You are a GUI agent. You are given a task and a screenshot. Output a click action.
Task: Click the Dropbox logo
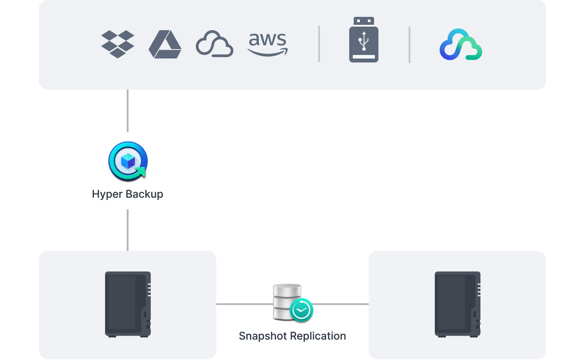[x=117, y=44]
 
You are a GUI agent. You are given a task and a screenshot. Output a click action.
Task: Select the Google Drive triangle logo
[x=165, y=45]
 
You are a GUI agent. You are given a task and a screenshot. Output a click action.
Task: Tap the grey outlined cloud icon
[x=214, y=44]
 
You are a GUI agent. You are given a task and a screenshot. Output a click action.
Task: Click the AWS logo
[x=268, y=44]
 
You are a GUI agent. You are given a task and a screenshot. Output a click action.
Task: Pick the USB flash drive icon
[x=363, y=40]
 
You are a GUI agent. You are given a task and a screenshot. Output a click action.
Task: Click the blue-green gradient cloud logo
[x=461, y=44]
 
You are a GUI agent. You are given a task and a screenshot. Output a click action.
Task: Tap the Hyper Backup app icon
[x=128, y=161]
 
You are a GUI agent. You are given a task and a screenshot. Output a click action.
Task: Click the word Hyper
[x=107, y=194]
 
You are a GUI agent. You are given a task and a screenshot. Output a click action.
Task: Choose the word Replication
[x=320, y=336]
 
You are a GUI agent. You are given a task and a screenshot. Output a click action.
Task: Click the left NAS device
[x=128, y=304]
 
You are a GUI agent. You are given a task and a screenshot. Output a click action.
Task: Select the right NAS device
[x=457, y=304]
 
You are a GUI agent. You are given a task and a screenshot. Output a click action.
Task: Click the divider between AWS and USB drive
[x=319, y=44]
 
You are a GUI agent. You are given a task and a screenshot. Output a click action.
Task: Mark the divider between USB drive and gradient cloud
[x=409, y=45]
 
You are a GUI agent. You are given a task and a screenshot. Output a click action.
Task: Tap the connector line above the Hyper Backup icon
[x=128, y=111]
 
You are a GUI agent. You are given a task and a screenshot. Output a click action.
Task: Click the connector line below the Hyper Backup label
[x=128, y=230]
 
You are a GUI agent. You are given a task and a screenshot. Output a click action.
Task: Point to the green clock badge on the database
[x=301, y=310]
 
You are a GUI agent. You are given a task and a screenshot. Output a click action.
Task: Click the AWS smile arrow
[x=268, y=53]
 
